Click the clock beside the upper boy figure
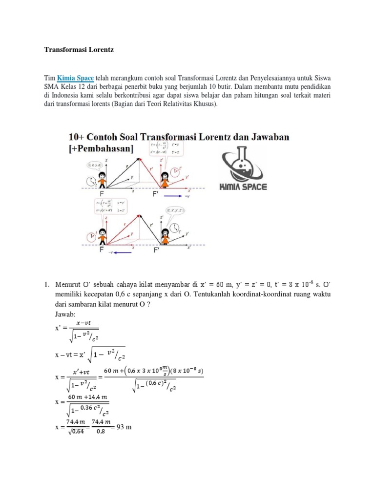coord(90,182)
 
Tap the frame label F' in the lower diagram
coord(157,250)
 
